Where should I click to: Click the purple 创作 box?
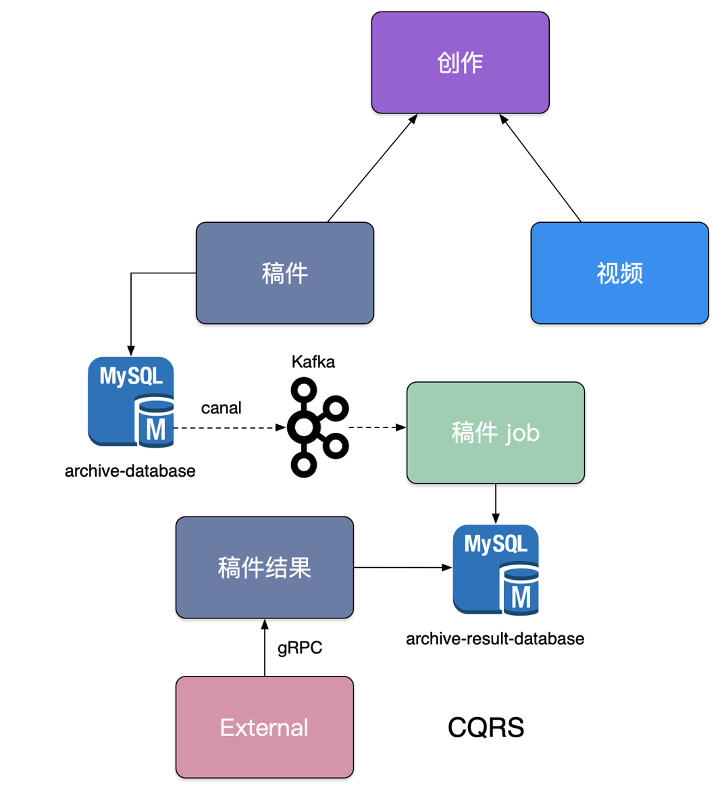point(460,62)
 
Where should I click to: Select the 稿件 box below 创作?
point(284,273)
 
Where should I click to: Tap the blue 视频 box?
point(619,273)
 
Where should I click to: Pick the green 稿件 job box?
point(495,433)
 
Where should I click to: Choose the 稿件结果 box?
point(264,567)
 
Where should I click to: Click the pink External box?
point(264,727)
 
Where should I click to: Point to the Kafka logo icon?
point(317,427)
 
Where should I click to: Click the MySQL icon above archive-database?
point(131,402)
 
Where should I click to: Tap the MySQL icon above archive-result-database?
point(496,569)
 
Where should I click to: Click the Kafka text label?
point(313,362)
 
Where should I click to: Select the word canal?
point(221,408)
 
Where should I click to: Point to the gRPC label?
point(300,647)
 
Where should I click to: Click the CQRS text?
point(486,727)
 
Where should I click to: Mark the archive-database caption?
point(130,471)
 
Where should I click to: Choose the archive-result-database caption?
point(494,639)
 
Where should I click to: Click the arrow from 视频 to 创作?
point(540,168)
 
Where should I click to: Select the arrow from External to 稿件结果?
point(265,648)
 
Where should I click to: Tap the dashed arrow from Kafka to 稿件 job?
point(377,427)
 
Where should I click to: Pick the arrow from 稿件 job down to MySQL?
point(496,504)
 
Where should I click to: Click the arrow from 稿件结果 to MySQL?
point(403,568)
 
